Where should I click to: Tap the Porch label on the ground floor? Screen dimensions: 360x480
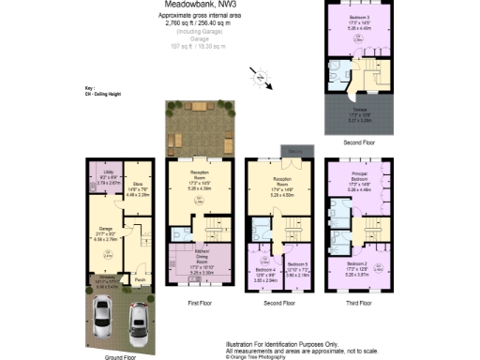click(140, 279)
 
